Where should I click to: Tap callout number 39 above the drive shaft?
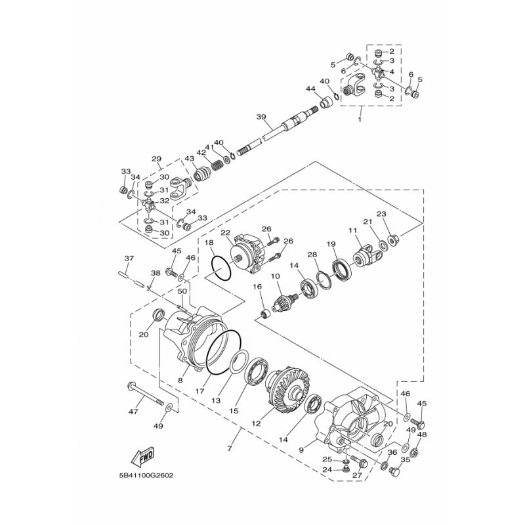click(261, 117)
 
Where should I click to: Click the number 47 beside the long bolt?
click(133, 411)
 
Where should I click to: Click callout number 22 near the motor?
click(225, 233)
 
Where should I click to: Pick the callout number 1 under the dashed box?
click(359, 120)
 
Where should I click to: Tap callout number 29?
click(156, 159)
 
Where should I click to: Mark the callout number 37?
click(129, 258)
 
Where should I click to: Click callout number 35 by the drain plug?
click(405, 461)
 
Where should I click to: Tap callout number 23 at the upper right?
click(381, 213)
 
